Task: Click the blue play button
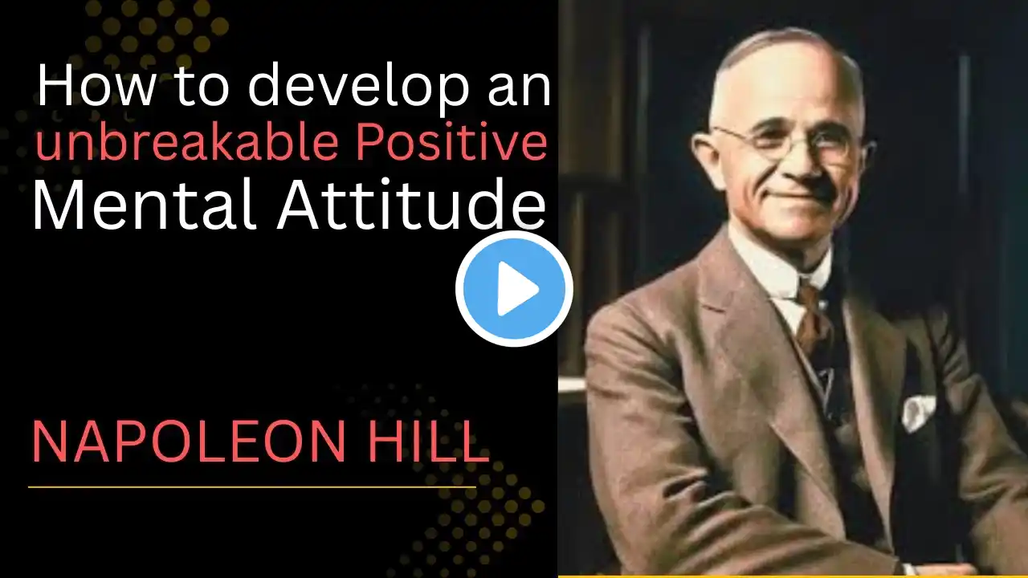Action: tap(514, 288)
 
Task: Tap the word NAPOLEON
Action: tap(188, 442)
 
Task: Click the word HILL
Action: tap(429, 442)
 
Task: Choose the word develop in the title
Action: tap(358, 88)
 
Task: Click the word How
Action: tap(96, 85)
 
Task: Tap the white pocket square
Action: tap(919, 412)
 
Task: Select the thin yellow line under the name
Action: tap(252, 486)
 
